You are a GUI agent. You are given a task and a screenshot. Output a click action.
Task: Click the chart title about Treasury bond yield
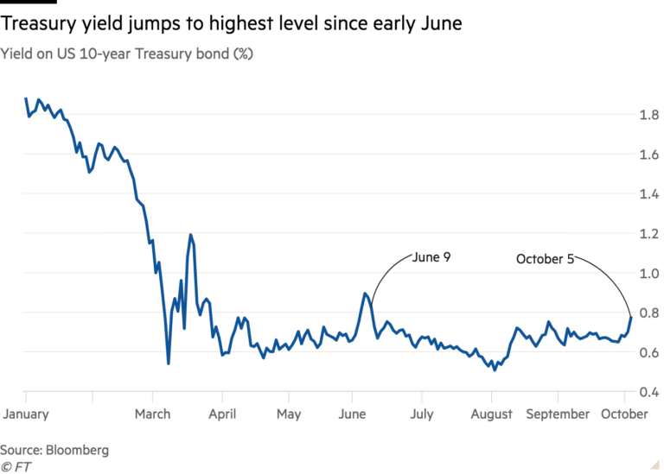131,54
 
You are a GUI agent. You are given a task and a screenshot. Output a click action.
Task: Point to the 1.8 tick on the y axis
645,115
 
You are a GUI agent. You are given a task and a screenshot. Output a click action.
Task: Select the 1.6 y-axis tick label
645,155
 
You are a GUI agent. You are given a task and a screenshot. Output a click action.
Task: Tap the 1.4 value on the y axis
645,194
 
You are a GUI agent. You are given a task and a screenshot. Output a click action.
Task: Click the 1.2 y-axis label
645,234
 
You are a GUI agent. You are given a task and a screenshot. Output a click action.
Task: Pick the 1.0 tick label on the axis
645,274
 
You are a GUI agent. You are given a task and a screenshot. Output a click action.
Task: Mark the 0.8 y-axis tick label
645,313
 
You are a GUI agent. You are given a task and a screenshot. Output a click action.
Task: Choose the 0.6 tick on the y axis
645,353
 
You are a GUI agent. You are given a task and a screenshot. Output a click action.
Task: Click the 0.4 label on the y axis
645,393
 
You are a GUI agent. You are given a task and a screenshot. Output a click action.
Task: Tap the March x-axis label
152,414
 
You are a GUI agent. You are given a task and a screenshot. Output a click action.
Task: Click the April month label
222,414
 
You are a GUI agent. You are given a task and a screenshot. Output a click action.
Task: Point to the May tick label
289,414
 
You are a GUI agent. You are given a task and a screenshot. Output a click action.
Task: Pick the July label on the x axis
423,414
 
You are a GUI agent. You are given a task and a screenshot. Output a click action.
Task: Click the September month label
558,414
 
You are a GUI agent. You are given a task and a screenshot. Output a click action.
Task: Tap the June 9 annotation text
431,257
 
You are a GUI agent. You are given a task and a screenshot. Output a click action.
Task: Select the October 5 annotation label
545,258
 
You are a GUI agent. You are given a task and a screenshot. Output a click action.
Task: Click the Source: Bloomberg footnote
54,451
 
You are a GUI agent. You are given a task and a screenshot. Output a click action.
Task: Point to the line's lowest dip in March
168,363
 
